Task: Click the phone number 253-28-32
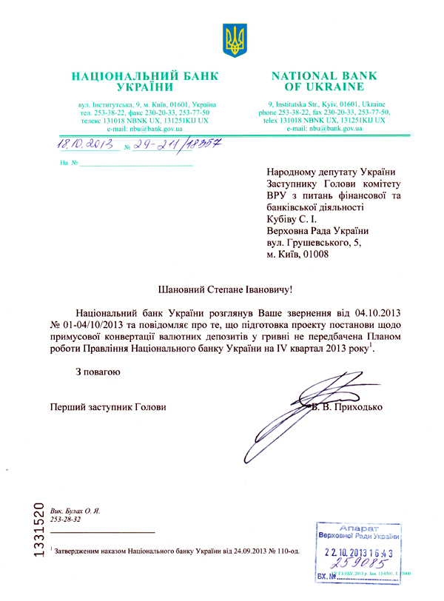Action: pos(65,520)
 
